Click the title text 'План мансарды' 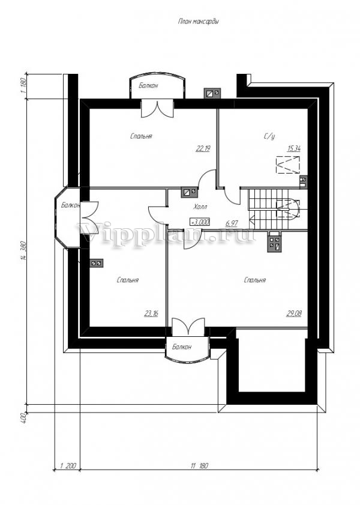point(199,22)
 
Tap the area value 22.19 point(203,148)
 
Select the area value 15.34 point(294,148)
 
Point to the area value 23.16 point(151,313)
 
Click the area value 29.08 point(294,313)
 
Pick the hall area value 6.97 point(232,223)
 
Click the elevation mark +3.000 point(200,222)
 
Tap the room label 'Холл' point(200,207)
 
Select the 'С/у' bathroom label point(269,136)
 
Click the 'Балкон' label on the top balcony point(148,86)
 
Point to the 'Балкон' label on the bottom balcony point(181,347)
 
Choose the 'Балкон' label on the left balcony point(70,205)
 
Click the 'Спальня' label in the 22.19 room point(141,136)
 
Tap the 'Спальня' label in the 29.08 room point(255,280)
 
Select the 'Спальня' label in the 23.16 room point(127,280)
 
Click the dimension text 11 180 point(199,466)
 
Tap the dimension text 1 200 point(68,466)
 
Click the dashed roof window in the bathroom point(288,165)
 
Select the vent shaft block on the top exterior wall point(212,93)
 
